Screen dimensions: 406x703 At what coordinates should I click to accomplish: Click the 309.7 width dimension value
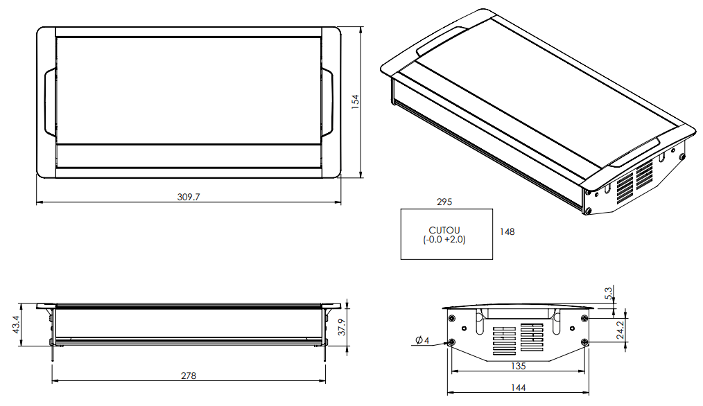pos(189,197)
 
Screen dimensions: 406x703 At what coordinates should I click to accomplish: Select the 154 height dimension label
pos(355,102)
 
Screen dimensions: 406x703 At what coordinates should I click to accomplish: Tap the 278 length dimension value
pos(189,376)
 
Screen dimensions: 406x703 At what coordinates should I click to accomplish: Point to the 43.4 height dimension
pos(16,324)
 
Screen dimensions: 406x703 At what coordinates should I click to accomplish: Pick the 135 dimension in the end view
pos(518,365)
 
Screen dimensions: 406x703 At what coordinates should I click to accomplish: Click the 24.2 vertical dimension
pos(621,329)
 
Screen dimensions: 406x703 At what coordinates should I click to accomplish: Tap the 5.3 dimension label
pos(609,294)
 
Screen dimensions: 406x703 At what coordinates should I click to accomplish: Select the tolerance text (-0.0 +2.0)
pos(444,240)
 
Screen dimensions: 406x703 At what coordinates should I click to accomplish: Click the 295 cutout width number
pos(444,202)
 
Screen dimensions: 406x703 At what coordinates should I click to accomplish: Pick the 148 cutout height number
pos(507,232)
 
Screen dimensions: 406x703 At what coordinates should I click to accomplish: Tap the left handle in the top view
pos(49,102)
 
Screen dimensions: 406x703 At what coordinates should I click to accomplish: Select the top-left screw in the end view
pos(452,318)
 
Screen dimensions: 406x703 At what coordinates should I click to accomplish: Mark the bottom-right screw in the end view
pos(584,342)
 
